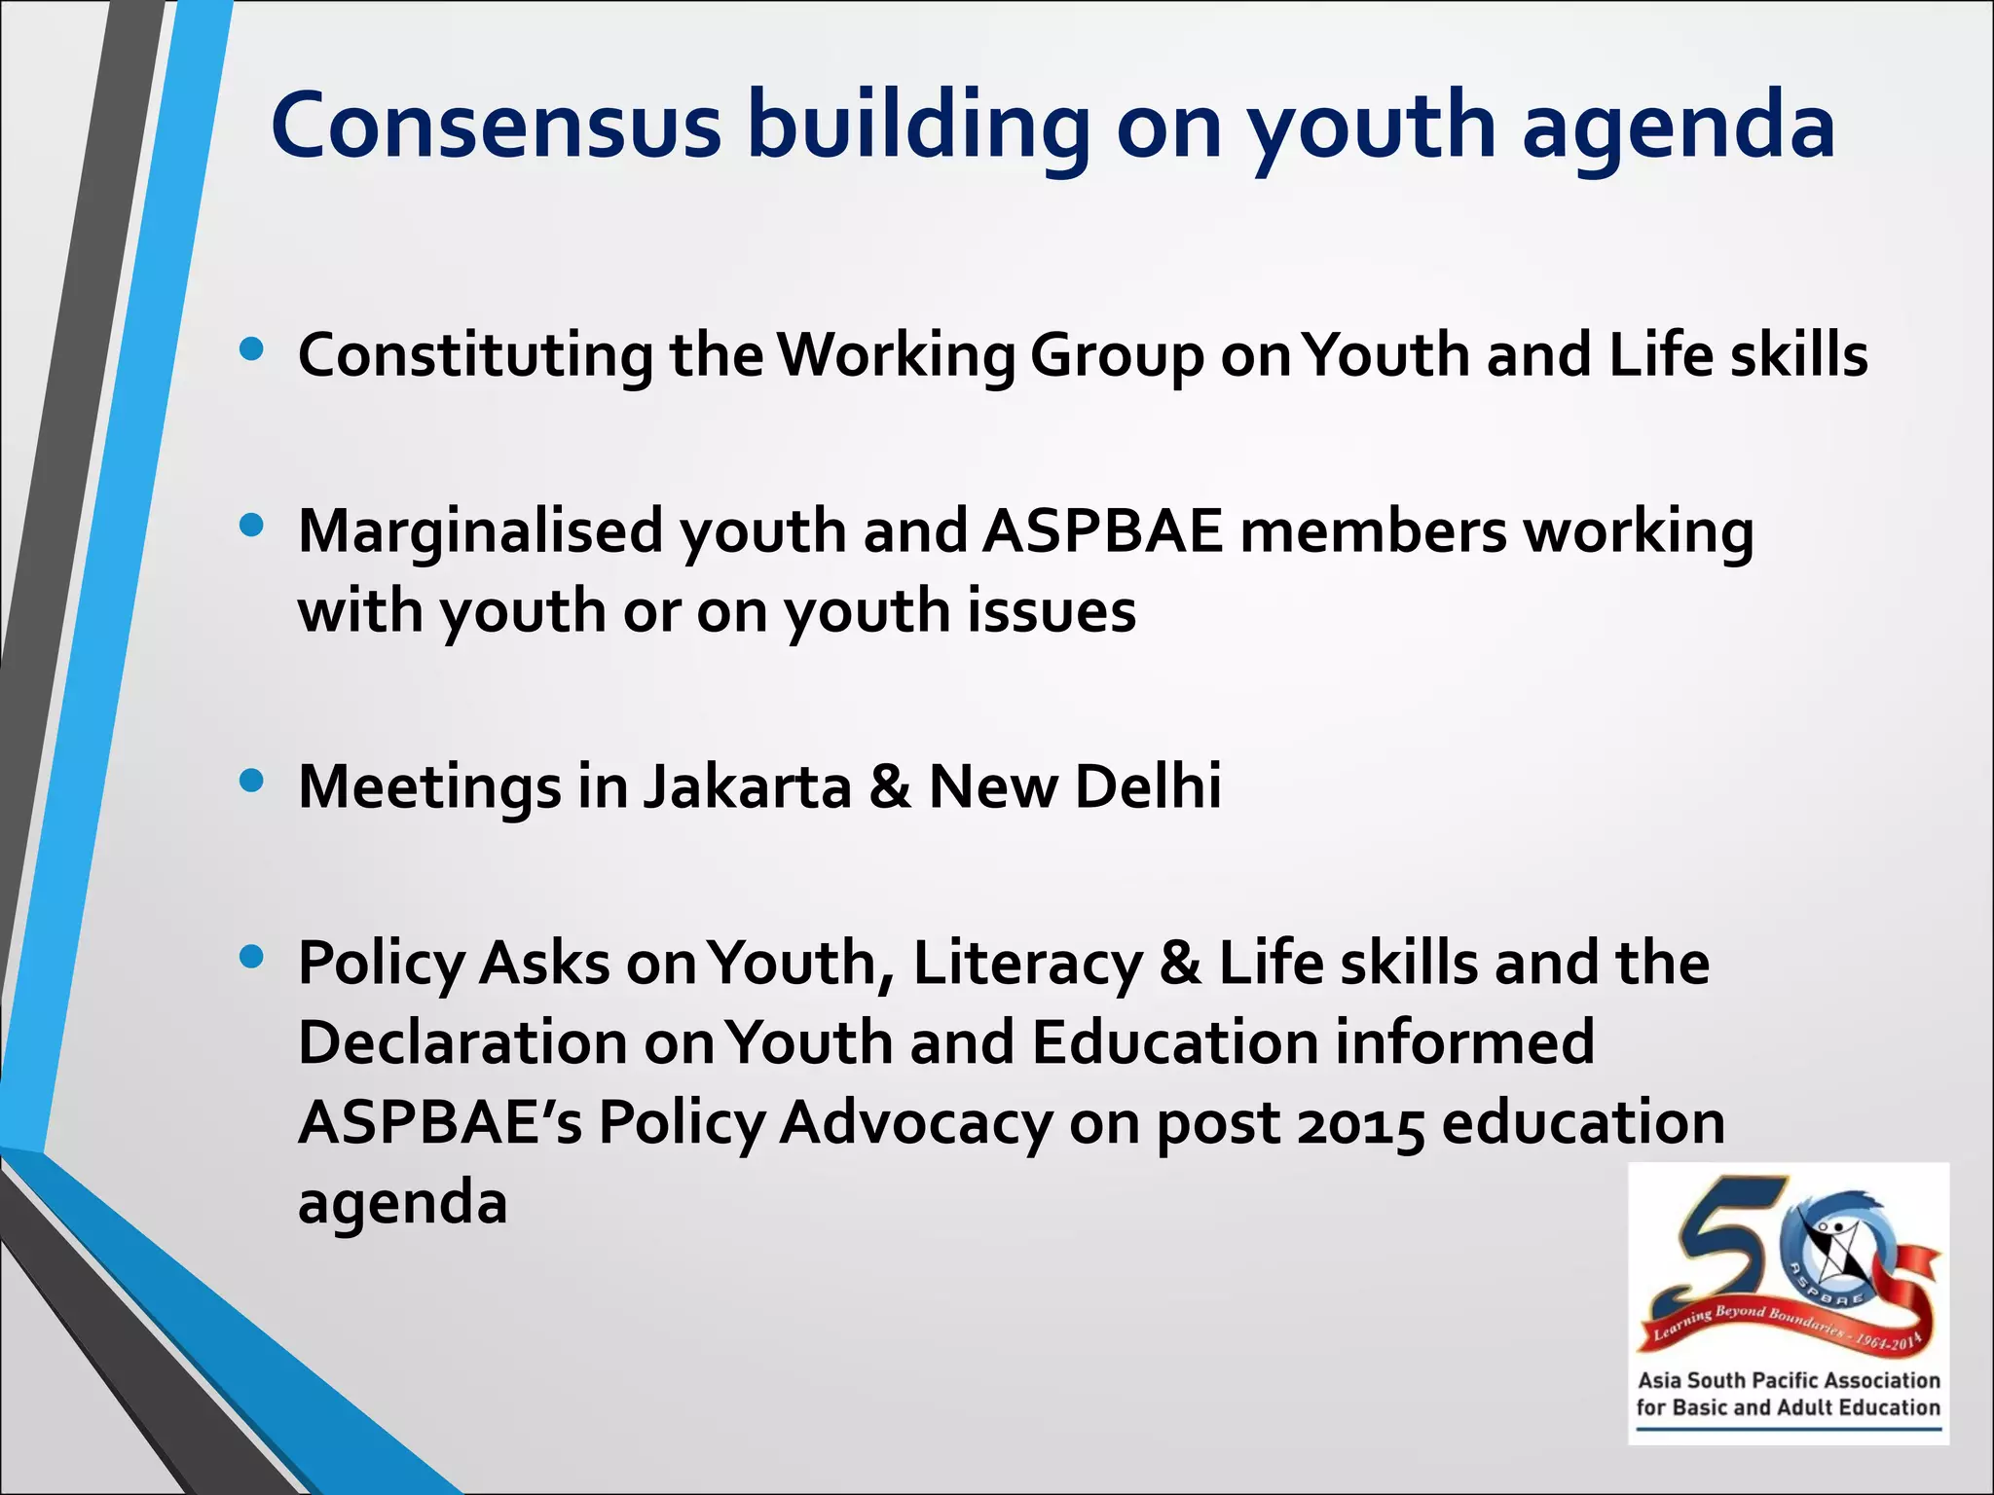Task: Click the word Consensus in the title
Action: pos(496,127)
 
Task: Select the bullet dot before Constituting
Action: pos(251,350)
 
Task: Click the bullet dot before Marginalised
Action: pos(251,527)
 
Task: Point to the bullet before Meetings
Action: pos(251,781)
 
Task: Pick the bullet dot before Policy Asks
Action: pos(251,958)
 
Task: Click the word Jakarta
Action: pos(747,786)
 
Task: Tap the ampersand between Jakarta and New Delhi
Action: pos(890,786)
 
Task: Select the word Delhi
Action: pos(1148,786)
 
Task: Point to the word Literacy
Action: pos(1027,965)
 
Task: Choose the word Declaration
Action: pos(462,1042)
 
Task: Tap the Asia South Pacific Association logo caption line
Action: pos(1789,1380)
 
